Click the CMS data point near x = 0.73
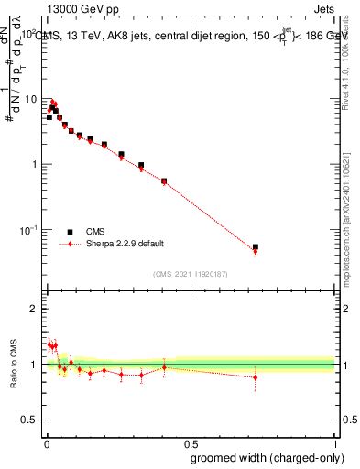(256, 247)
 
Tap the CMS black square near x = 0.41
(164, 180)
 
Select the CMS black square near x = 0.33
(141, 165)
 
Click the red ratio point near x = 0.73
(256, 377)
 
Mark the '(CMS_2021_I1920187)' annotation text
(190, 273)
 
